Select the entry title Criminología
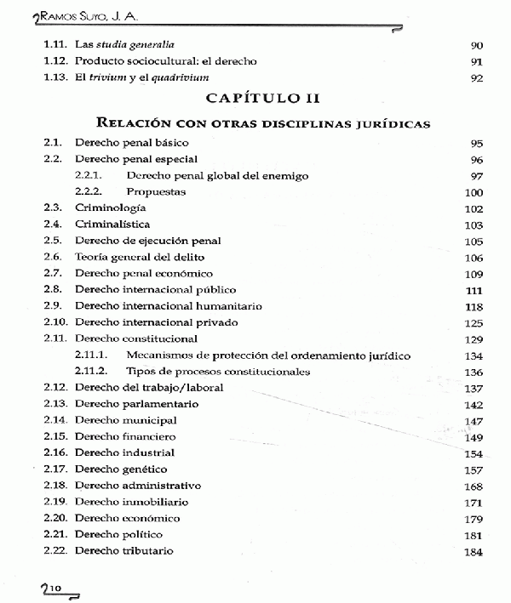pyautogui.click(x=111, y=208)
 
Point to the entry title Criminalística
pyautogui.click(x=112, y=224)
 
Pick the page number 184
pyautogui.click(x=474, y=551)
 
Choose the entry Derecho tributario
pyautogui.click(x=124, y=550)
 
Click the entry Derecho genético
pyautogui.click(x=120, y=469)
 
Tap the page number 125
pyautogui.click(x=474, y=322)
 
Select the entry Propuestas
pyautogui.click(x=155, y=191)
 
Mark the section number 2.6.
pyautogui.click(x=53, y=257)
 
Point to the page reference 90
pyautogui.click(x=476, y=44)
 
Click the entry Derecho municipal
pyautogui.click(x=125, y=420)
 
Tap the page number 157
pyautogui.click(x=474, y=469)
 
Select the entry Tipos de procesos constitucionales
pyautogui.click(x=217, y=371)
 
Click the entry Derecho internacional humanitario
pyautogui.click(x=169, y=305)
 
